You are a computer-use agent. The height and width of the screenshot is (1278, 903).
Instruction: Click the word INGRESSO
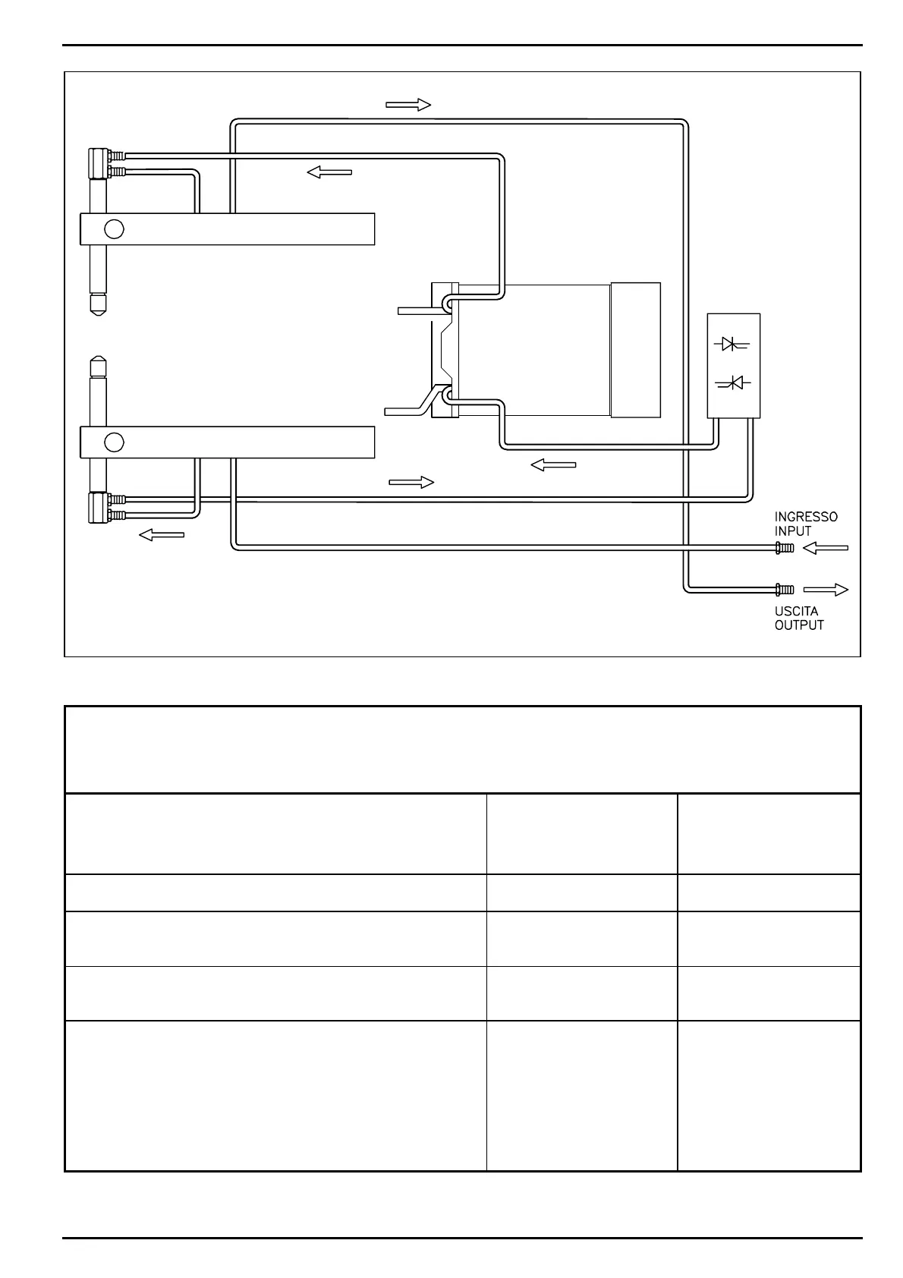tap(806, 517)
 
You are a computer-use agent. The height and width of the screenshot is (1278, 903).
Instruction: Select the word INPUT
tap(793, 531)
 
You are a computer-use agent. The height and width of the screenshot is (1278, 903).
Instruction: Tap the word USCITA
tap(796, 611)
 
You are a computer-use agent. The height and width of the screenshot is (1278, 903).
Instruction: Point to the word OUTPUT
tap(799, 625)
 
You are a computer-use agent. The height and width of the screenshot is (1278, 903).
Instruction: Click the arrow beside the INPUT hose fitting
tap(826, 548)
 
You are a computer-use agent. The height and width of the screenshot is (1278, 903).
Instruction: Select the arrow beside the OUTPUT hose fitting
tap(826, 589)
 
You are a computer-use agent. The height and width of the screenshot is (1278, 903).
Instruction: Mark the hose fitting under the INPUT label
tap(785, 548)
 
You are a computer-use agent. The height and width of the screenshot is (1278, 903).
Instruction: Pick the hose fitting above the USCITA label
tap(785, 589)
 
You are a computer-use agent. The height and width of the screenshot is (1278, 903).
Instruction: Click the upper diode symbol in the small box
tap(732, 345)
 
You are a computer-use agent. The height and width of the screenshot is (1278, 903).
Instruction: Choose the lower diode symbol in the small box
tap(732, 384)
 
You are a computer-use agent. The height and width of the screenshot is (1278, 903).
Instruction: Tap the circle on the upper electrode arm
tap(114, 228)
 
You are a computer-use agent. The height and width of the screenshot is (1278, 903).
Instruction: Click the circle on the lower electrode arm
tap(114, 442)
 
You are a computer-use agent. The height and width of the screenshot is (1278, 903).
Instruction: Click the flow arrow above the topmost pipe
tap(408, 105)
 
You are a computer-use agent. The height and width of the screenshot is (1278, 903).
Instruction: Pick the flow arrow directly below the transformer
tap(553, 464)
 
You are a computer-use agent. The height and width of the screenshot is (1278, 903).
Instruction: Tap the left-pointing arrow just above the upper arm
tap(329, 172)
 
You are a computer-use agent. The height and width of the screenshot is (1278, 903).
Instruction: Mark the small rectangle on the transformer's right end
tap(635, 349)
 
